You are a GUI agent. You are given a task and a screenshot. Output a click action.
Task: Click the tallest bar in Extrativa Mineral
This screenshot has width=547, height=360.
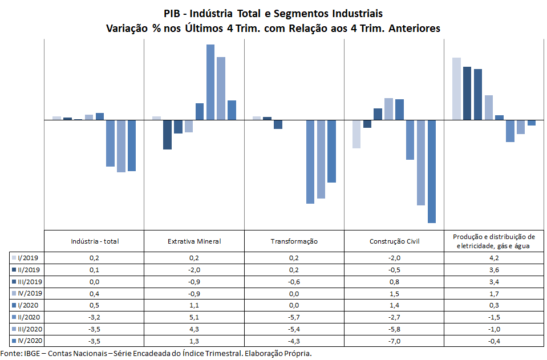[x=210, y=82]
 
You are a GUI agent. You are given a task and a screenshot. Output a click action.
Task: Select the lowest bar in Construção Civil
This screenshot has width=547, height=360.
[x=432, y=171]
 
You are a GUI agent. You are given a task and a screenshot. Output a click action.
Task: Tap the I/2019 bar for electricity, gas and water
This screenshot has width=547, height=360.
[x=456, y=88]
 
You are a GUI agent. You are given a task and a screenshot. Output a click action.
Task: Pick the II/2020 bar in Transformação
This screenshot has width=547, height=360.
[x=310, y=161]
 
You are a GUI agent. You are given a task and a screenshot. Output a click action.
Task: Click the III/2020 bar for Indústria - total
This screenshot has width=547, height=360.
[x=121, y=146]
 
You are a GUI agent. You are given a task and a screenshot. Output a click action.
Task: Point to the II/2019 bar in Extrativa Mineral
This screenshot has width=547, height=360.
[x=167, y=135]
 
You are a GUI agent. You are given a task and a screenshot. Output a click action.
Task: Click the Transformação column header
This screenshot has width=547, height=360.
[x=294, y=241]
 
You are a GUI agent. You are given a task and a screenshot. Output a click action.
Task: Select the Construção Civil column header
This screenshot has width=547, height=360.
[x=394, y=241]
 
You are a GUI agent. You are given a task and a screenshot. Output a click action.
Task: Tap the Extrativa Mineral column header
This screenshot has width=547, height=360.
[x=194, y=241]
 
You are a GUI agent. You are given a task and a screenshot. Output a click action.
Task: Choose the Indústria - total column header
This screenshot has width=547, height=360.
[x=95, y=241]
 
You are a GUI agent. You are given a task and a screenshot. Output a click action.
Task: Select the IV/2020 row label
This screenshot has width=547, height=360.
[x=29, y=341]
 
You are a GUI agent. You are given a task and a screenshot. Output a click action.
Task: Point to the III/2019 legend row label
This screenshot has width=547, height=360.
[x=30, y=281]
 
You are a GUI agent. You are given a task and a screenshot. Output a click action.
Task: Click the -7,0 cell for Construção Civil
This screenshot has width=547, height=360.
[x=394, y=341]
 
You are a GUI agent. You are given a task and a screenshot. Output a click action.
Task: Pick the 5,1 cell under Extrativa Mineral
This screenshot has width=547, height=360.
[x=194, y=317]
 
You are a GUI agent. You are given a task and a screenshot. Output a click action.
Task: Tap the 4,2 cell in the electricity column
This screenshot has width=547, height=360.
[x=494, y=257]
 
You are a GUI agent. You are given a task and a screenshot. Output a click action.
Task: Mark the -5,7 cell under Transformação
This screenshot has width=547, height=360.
[x=294, y=317]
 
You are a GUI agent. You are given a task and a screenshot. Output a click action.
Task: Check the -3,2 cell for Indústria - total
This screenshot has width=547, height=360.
[x=95, y=317]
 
